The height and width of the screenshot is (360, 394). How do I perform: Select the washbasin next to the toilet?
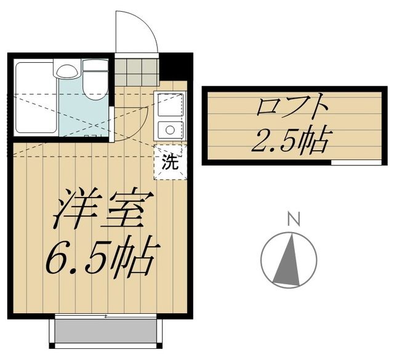66,71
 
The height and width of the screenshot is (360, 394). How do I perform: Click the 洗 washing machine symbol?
169,162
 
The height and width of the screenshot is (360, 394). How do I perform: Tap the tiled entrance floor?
137,71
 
